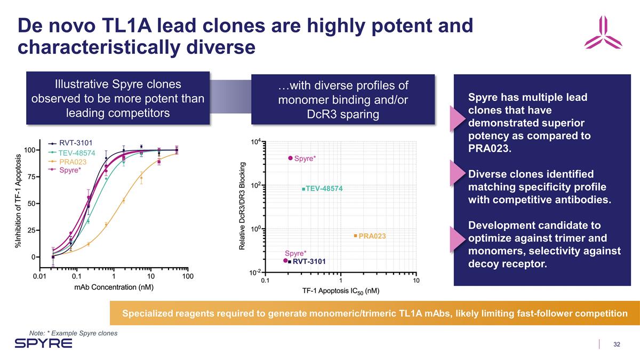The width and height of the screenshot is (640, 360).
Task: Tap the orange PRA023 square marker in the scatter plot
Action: [355, 236]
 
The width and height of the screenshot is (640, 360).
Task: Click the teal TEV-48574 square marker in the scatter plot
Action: [303, 189]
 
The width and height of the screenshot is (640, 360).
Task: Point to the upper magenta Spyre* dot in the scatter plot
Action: [291, 158]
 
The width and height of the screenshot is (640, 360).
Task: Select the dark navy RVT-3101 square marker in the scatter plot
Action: [290, 261]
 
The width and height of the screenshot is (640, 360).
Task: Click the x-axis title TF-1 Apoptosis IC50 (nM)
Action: [340, 291]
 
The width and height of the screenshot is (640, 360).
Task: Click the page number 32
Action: [617, 344]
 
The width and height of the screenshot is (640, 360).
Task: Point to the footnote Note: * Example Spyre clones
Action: [73, 333]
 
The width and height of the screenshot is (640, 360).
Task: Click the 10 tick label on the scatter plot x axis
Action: [416, 281]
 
